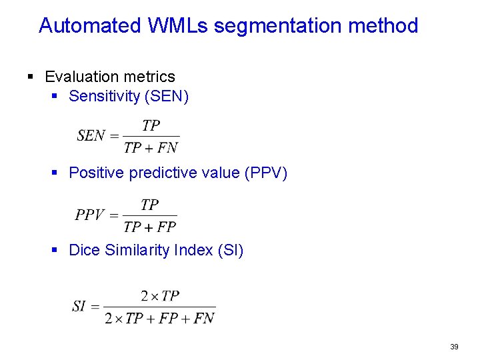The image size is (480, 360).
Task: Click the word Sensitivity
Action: pyautogui.click(x=104, y=97)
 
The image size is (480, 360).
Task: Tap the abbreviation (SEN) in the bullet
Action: pyautogui.click(x=167, y=97)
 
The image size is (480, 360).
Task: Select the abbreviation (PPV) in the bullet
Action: pyautogui.click(x=266, y=173)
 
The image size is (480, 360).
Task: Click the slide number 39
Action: pyautogui.click(x=454, y=347)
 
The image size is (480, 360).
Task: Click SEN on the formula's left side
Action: pyautogui.click(x=91, y=136)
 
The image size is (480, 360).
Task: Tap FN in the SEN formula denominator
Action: pyautogui.click(x=168, y=148)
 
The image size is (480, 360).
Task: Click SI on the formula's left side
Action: pyautogui.click(x=79, y=307)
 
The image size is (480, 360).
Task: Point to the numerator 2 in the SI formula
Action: pyautogui.click(x=145, y=296)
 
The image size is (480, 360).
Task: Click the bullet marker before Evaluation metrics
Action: pyautogui.click(x=31, y=77)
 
